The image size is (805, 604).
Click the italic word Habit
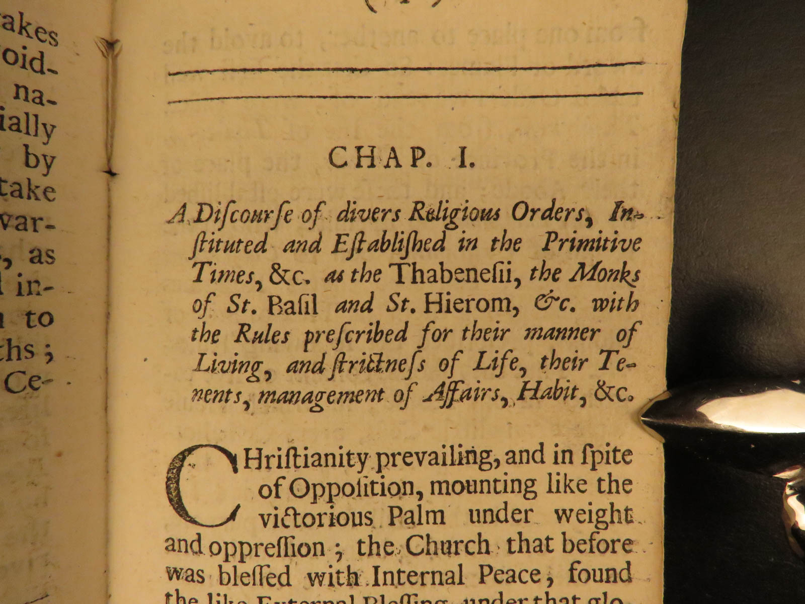coord(552,393)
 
